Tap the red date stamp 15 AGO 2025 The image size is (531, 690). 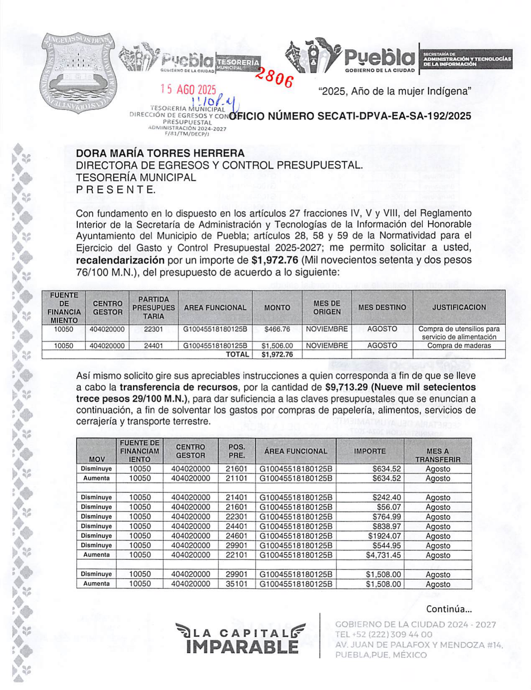tap(188, 89)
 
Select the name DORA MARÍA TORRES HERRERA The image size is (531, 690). tap(160, 153)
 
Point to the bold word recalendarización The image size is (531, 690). tap(120, 260)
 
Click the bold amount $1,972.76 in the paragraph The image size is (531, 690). tap(275, 260)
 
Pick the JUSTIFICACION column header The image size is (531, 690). tap(459, 307)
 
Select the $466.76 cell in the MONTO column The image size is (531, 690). tap(277, 329)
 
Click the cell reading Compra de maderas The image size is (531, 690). tap(459, 346)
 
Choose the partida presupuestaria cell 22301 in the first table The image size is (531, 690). tap(153, 329)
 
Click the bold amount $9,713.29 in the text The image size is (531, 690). tap(346, 387)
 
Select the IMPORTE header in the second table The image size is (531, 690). tap(370, 451)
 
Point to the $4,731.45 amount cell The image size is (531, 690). tap(383, 555)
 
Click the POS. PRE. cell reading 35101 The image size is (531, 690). tap(236, 584)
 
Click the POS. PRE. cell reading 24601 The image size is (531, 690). tap(236, 536)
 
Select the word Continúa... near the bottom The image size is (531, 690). tap(449, 609)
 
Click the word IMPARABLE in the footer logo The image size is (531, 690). tap(242, 646)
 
